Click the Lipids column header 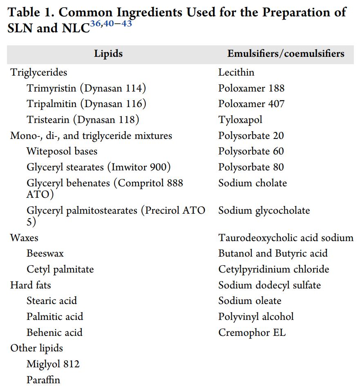click(x=108, y=54)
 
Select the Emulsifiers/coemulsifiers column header click(x=286, y=54)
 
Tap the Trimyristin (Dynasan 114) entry click(x=86, y=88)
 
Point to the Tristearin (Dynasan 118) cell click(x=83, y=120)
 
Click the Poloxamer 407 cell click(x=251, y=104)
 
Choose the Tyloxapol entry click(x=240, y=120)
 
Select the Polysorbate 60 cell click(x=251, y=151)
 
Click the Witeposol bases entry click(x=62, y=151)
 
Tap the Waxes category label click(x=24, y=238)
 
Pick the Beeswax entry click(x=45, y=253)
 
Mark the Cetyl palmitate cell click(x=60, y=269)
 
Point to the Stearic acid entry click(x=51, y=301)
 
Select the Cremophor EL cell click(x=252, y=333)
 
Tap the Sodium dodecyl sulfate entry click(x=269, y=285)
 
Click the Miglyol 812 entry click(x=53, y=364)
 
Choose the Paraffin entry click(x=43, y=380)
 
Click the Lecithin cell click(x=236, y=72)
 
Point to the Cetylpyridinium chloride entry click(x=273, y=269)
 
